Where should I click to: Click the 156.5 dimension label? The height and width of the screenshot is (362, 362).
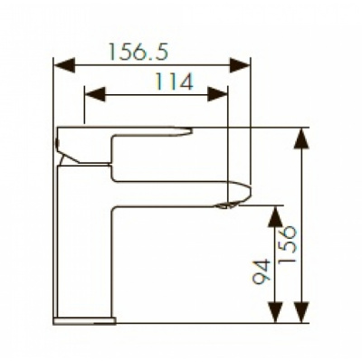(x=138, y=52)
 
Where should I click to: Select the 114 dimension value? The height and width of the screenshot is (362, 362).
(x=174, y=81)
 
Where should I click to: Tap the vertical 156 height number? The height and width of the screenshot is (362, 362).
(x=288, y=246)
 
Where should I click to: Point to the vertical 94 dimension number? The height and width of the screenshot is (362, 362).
(x=262, y=271)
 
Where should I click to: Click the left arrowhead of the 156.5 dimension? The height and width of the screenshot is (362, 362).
(x=64, y=65)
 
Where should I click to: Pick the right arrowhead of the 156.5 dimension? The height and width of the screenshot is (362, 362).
(x=240, y=65)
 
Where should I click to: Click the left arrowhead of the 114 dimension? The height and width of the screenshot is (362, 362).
(x=95, y=94)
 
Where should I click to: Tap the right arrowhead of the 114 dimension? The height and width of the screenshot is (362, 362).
(x=217, y=94)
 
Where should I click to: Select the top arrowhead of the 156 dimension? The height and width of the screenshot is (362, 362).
(x=302, y=139)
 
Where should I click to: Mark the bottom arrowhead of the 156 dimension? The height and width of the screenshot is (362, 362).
(x=302, y=312)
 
